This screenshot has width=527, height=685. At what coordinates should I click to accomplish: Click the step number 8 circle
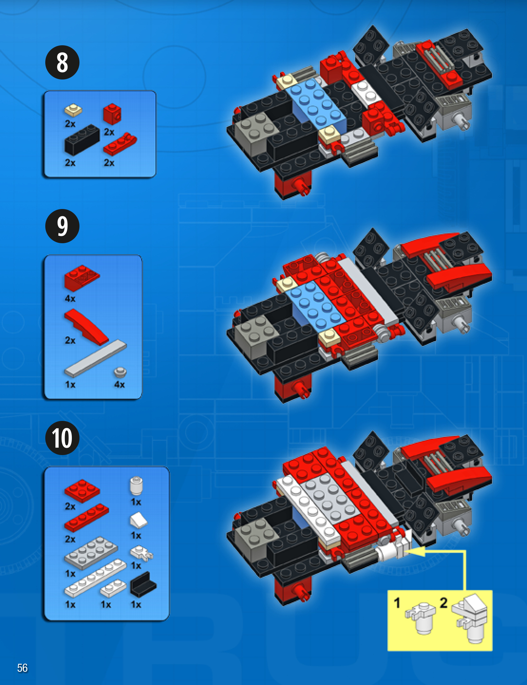[x=62, y=62]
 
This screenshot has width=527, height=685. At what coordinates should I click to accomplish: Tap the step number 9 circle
[x=62, y=226]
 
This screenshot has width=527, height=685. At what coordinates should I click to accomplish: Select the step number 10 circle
[x=62, y=438]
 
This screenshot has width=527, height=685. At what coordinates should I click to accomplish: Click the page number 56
[x=22, y=668]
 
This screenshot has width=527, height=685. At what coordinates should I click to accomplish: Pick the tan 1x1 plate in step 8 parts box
[x=73, y=110]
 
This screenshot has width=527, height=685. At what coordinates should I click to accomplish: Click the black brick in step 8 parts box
[x=82, y=140]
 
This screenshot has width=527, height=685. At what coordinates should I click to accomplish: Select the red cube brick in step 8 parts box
[x=112, y=114]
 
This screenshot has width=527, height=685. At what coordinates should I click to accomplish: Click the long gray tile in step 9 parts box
[x=96, y=358]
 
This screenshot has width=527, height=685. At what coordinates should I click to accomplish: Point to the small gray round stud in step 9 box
[x=120, y=372]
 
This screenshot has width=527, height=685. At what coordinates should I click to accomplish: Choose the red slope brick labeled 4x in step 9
[x=82, y=278]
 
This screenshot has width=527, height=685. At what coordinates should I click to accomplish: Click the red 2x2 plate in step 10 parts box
[x=82, y=491]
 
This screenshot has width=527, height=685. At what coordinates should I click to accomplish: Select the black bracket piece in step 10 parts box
[x=143, y=584]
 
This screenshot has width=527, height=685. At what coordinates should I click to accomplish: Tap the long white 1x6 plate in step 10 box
[x=95, y=578]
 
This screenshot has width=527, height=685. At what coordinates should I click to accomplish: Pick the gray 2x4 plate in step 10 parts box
[x=91, y=553]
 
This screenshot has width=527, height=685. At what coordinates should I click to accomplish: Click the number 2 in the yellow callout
[x=444, y=603]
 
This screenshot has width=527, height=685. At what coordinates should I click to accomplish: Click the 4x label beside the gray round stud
[x=119, y=384]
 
